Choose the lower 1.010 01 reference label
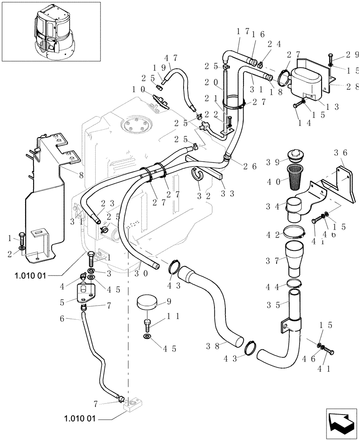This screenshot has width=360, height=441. coord(80,419)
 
